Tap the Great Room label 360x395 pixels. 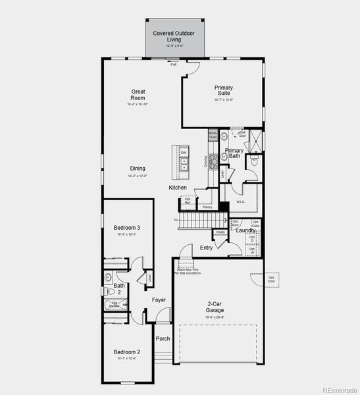tap(138, 95)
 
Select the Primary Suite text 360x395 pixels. tap(224, 90)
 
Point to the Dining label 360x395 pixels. tap(138, 169)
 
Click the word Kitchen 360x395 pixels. tap(178, 188)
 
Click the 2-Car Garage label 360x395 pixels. tap(215, 307)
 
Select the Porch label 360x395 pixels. tap(163, 339)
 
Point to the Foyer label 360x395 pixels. tap(159, 300)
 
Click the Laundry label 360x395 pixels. tap(245, 230)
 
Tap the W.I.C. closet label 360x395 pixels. tap(240, 202)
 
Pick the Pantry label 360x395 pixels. tap(207, 207)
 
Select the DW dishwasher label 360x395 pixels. tap(184, 153)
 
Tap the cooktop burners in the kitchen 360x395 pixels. tap(213, 162)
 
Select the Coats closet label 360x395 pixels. tap(221, 232)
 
